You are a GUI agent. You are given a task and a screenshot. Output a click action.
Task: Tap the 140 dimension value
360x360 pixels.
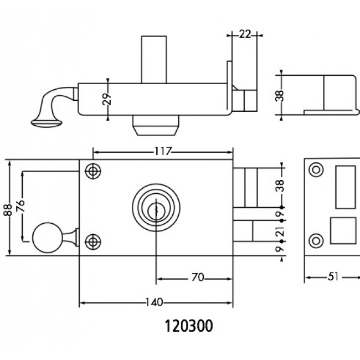[156, 302]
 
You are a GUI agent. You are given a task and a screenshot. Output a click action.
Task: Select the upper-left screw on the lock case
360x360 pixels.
[92, 172]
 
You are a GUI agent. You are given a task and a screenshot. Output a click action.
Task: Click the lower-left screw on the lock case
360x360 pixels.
[92, 241]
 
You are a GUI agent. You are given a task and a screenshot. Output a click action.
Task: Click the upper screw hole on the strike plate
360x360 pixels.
[316, 170]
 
